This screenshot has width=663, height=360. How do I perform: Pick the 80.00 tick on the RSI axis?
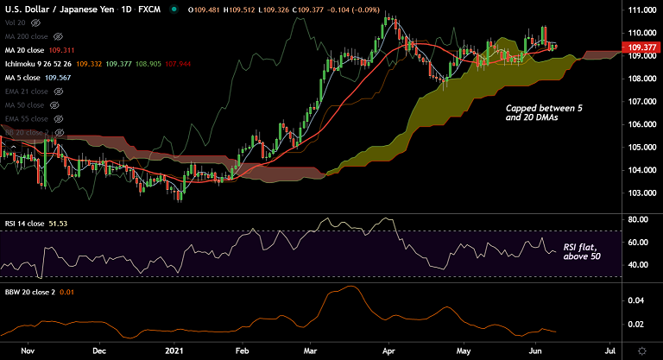pyautogui.click(x=639, y=219)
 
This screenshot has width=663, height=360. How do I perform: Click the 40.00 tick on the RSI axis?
pyautogui.click(x=639, y=264)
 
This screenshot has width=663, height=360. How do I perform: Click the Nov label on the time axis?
pyautogui.click(x=27, y=351)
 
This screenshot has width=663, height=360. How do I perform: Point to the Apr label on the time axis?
pyautogui.click(x=388, y=351)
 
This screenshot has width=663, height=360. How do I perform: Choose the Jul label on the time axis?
pyautogui.click(x=610, y=351)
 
